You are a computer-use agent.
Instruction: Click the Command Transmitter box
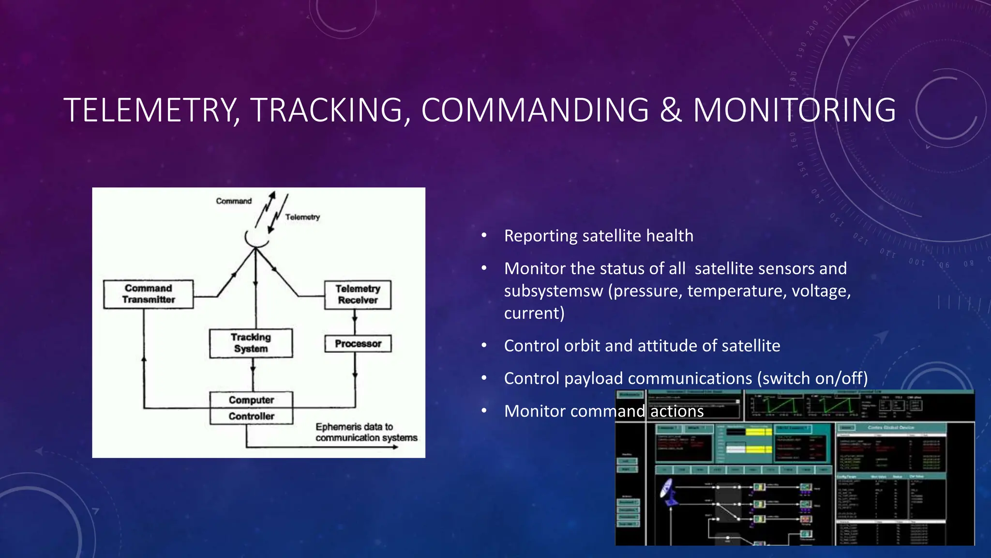(x=148, y=294)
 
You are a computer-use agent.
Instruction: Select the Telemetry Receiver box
(x=358, y=294)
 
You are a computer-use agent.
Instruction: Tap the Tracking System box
(x=251, y=343)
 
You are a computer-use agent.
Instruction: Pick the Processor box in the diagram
(x=358, y=344)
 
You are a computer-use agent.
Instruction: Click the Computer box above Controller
(x=251, y=400)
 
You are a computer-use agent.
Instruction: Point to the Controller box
(x=251, y=417)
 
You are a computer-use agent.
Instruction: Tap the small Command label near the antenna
(x=234, y=201)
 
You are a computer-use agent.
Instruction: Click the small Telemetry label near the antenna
(x=302, y=217)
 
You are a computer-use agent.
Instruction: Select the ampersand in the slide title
(x=671, y=110)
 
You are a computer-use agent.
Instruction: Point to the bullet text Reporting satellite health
(x=599, y=236)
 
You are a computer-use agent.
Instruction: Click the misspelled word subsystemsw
(x=554, y=291)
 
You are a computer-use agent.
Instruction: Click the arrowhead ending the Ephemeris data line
(x=395, y=447)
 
